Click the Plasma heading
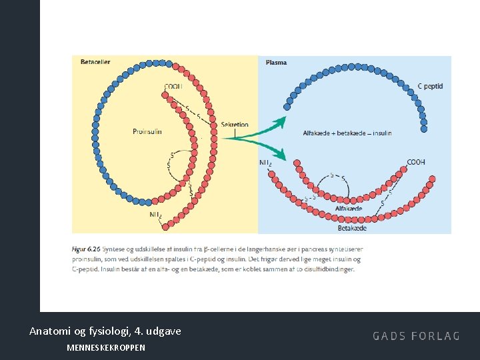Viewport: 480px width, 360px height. pos(277,62)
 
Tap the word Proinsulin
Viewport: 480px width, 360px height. pos(147,131)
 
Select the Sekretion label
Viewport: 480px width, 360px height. pos(234,125)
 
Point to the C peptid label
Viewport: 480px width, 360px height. pos(430,86)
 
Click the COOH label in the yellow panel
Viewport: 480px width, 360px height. pos(173,86)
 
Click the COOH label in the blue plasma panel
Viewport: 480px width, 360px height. pos(415,162)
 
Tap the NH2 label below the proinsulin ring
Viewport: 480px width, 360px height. pos(155,215)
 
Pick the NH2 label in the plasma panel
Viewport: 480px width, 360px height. pos(265,162)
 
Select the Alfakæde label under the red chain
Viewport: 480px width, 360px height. pos(349,209)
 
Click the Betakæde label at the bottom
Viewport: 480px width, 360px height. pos(352,227)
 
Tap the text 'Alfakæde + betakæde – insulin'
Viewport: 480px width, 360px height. pos(347,133)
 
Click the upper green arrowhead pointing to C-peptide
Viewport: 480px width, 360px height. pos(282,121)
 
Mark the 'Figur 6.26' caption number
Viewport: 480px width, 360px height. pos(86,249)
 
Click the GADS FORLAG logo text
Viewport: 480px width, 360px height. pos(416,336)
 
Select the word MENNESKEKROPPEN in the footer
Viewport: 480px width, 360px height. pos(106,347)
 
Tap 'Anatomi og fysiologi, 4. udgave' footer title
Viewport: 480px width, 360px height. pos(105,331)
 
